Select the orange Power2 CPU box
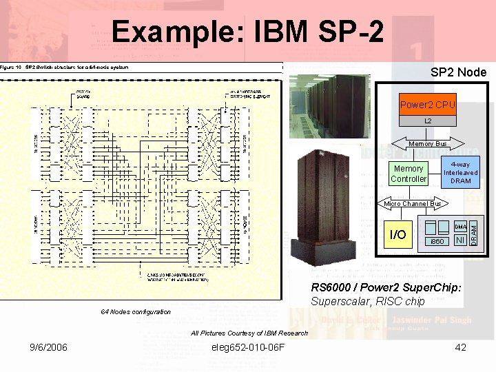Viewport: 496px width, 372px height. tap(427, 105)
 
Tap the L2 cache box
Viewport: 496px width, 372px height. tap(427, 121)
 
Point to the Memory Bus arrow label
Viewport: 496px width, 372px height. tap(428, 144)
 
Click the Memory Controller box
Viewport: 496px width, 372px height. tap(409, 174)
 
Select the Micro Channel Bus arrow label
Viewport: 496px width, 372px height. tap(413, 204)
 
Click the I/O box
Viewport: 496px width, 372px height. tap(397, 235)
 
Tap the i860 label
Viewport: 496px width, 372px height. tap(437, 242)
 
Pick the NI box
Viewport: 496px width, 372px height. tap(460, 239)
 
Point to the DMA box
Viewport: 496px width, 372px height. tap(460, 226)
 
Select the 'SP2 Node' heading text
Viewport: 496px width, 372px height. tap(458, 72)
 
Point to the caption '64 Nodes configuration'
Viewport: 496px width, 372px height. tap(136, 312)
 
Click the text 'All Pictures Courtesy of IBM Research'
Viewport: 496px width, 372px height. tap(249, 333)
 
